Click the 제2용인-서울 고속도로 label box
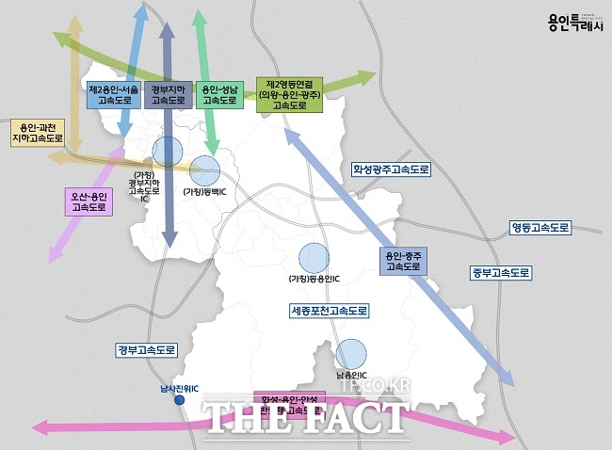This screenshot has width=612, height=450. pos(114,93)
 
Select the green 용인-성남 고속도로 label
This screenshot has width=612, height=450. pos(223,93)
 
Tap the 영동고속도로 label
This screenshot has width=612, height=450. pos(540,228)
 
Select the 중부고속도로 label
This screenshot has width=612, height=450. pos(501,272)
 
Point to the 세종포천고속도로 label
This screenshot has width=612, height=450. pos(329,310)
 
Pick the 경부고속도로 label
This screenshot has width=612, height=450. pos(147,348)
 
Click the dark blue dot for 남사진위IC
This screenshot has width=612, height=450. pos(179,402)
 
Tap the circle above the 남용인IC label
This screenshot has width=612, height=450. pos(350,353)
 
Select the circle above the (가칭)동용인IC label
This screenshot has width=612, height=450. pos(313,256)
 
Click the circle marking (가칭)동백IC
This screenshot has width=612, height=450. pos(204,170)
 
